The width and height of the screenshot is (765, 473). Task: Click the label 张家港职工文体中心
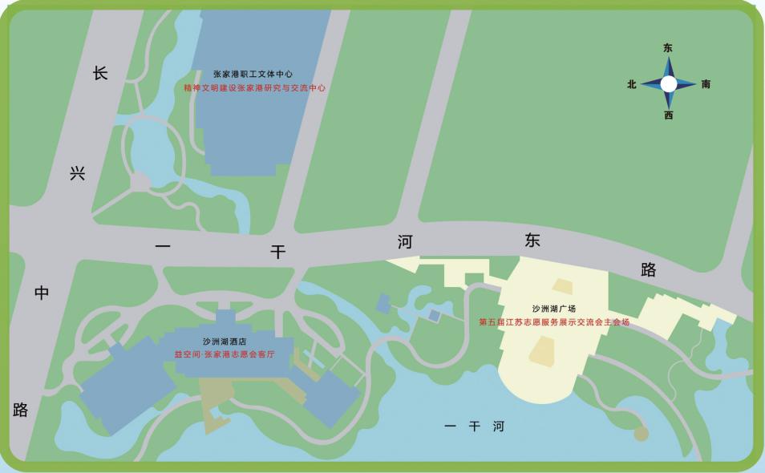[253, 74]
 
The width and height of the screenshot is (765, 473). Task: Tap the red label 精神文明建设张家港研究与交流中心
[255, 88]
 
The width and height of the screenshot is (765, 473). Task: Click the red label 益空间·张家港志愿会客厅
[224, 353]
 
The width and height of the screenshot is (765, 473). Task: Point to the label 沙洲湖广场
[554, 309]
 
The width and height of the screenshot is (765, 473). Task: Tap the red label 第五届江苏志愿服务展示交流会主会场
[554, 322]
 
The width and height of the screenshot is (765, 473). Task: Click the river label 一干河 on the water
[474, 427]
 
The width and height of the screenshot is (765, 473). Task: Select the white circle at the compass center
[668, 83]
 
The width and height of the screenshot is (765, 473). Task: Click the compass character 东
[668, 48]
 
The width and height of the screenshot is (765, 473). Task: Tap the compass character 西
[668, 115]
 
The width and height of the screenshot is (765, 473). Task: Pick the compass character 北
[632, 84]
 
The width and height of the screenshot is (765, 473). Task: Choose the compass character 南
[706, 84]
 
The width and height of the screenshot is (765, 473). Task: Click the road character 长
[99, 74]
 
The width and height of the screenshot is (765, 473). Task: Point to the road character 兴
[77, 173]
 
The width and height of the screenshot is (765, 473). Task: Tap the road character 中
[42, 293]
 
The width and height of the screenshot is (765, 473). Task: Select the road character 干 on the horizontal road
[277, 252]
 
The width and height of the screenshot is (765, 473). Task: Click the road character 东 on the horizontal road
[533, 240]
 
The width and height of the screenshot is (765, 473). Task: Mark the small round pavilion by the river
[641, 434]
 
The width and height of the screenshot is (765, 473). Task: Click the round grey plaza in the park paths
[140, 184]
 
